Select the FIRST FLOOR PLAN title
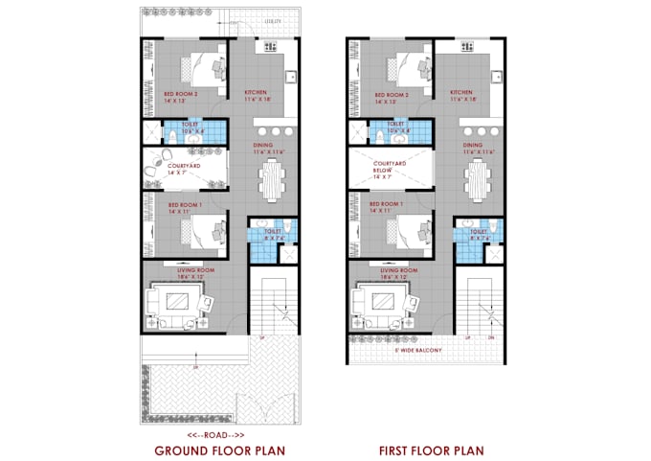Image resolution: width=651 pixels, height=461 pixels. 430,449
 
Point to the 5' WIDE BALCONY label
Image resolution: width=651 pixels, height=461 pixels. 425,350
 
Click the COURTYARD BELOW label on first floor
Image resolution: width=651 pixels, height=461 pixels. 390,170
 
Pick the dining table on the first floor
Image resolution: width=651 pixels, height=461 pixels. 477,178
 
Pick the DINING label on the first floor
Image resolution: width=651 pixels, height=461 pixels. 471,147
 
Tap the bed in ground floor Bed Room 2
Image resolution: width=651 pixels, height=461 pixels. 205,67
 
